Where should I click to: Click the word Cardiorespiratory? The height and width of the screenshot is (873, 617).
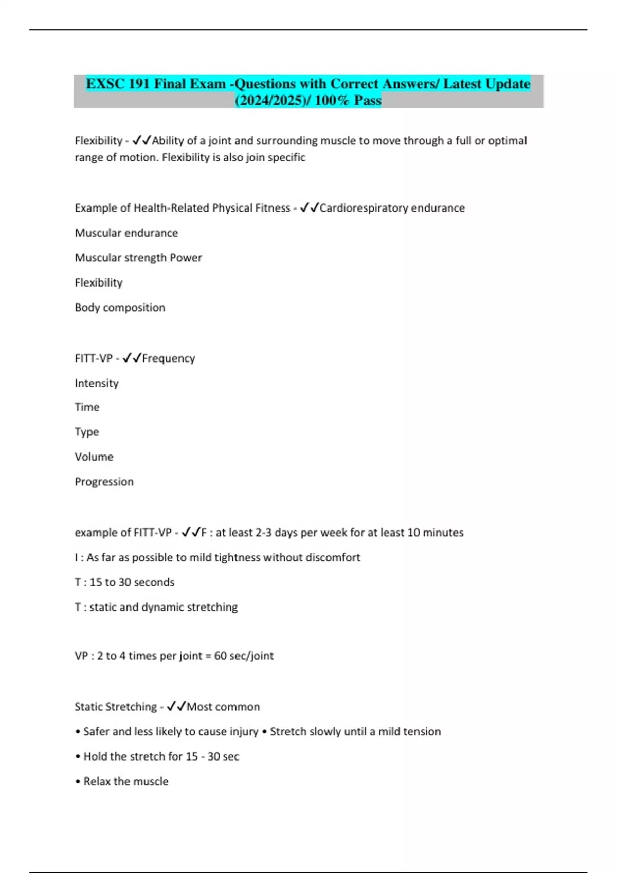click(x=364, y=208)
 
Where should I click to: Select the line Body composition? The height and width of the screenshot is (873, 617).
click(x=120, y=308)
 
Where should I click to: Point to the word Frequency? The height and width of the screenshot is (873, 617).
click(x=168, y=358)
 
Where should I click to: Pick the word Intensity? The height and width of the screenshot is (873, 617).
click(x=97, y=383)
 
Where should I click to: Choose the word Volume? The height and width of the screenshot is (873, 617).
click(x=94, y=457)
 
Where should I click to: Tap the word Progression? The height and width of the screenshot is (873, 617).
click(x=104, y=482)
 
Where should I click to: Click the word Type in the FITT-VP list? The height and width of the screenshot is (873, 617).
click(x=86, y=432)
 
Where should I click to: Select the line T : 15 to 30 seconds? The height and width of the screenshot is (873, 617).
click(x=124, y=582)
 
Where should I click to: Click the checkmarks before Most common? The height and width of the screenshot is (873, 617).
click(x=176, y=707)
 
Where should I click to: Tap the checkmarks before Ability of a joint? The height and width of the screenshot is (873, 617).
click(x=141, y=140)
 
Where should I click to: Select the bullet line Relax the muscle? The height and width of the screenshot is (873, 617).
click(x=122, y=781)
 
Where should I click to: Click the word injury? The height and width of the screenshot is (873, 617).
click(x=244, y=731)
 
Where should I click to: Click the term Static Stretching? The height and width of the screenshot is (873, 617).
click(x=116, y=707)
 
